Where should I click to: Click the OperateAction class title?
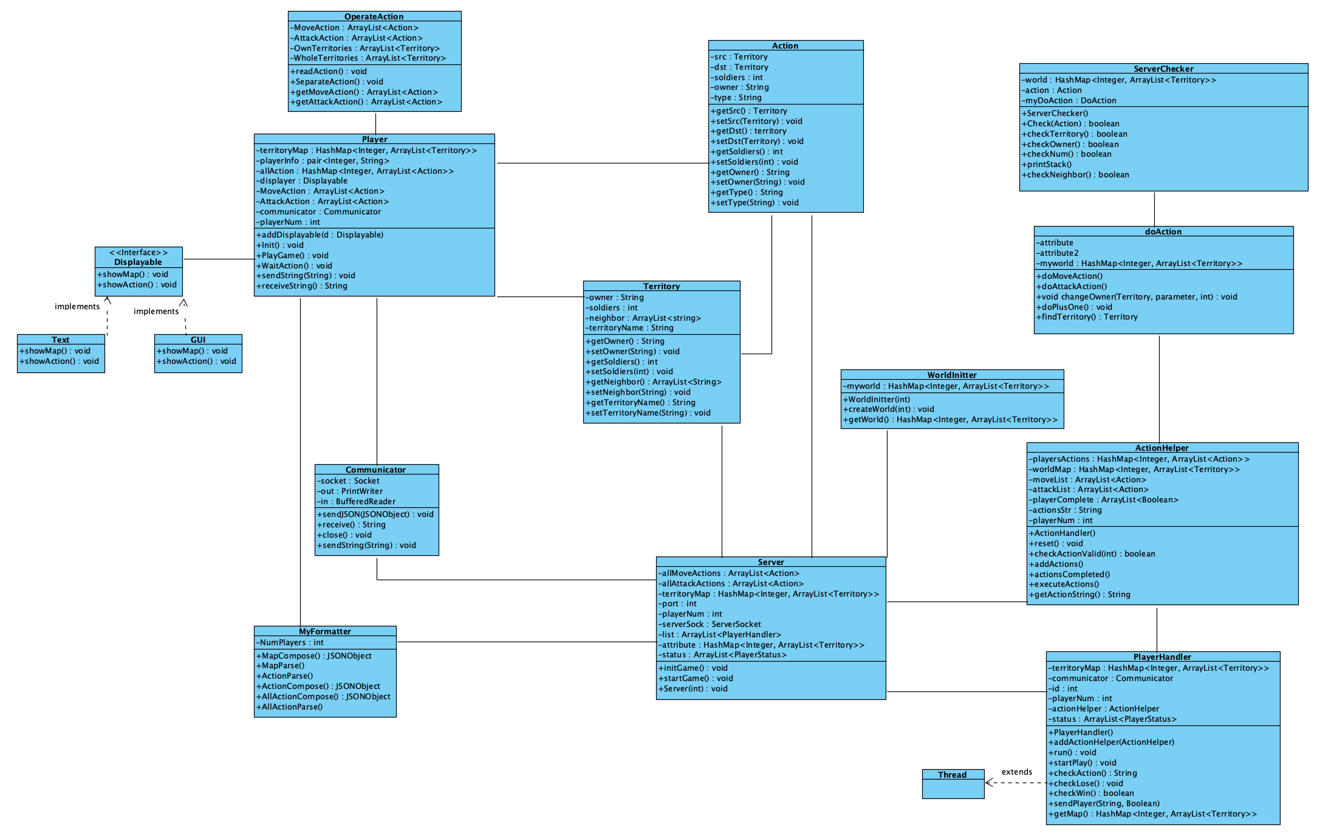click(374, 16)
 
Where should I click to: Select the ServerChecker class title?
click(1163, 69)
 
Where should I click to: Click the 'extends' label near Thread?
click(1016, 772)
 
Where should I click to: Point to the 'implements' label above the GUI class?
click(156, 311)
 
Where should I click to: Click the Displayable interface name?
click(138, 262)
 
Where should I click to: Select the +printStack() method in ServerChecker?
click(1047, 164)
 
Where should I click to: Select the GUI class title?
click(198, 340)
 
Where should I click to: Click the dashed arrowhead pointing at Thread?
click(988, 783)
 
